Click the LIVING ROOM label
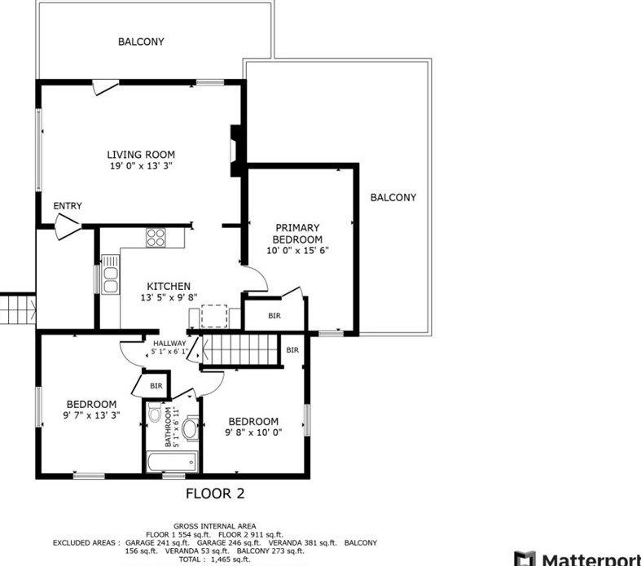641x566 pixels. (x=141, y=155)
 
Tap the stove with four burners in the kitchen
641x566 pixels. (x=156, y=238)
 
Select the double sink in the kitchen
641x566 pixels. (x=111, y=274)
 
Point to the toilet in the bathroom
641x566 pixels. (x=155, y=412)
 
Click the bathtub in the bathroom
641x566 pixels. (x=172, y=462)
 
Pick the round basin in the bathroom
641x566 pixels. (x=190, y=428)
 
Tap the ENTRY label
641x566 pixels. (x=68, y=205)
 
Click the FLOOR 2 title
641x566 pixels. (x=215, y=494)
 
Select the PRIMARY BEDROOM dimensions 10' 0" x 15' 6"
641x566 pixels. (x=297, y=250)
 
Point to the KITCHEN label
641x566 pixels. (x=169, y=286)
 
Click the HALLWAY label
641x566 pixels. (x=169, y=344)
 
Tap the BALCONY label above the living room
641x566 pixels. (x=141, y=42)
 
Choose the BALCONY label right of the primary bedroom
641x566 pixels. (x=393, y=197)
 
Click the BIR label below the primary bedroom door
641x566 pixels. (x=274, y=315)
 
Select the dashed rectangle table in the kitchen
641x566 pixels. (x=214, y=316)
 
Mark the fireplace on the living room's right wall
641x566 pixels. (x=236, y=151)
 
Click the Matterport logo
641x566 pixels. (x=577, y=559)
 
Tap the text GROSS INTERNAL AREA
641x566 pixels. (x=215, y=526)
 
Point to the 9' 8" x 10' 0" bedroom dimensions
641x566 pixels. (x=253, y=432)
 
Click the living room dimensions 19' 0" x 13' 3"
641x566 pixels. (x=141, y=165)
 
